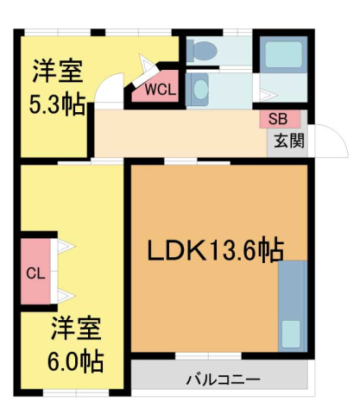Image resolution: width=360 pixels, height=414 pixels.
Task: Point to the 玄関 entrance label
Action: click(x=288, y=140)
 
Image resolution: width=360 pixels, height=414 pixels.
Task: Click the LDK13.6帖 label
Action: click(x=214, y=250)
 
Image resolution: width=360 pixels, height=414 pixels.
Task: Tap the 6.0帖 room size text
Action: click(x=76, y=358)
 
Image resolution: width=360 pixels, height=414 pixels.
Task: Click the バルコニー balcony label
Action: click(x=222, y=379)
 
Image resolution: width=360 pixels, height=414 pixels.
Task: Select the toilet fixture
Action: click(x=204, y=51)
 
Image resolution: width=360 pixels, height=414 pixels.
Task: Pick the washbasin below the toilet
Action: click(x=199, y=88)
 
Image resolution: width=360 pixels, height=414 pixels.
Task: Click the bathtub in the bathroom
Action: click(x=282, y=56)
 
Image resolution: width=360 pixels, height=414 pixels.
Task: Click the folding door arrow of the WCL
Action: click(x=147, y=67)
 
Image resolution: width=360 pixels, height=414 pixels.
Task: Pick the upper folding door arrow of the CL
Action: click(x=65, y=248)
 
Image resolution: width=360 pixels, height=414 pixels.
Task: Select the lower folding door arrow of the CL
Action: click(x=65, y=298)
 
